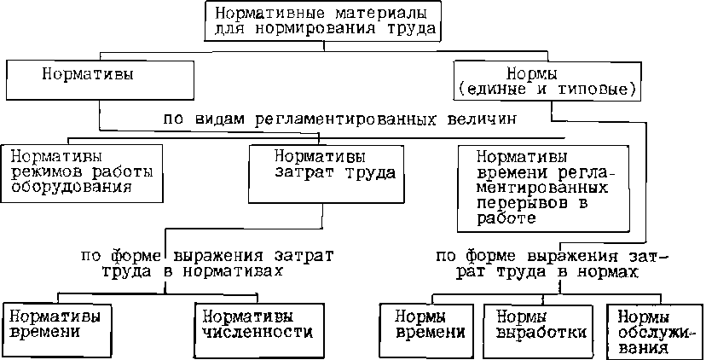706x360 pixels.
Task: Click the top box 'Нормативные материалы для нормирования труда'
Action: coord(326,20)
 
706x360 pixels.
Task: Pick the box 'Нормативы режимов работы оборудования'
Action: coord(81,172)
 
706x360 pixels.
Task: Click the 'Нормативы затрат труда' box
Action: coord(322,172)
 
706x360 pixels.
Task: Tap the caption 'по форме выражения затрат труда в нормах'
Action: coord(552,262)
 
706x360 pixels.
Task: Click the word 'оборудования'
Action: coord(66,187)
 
